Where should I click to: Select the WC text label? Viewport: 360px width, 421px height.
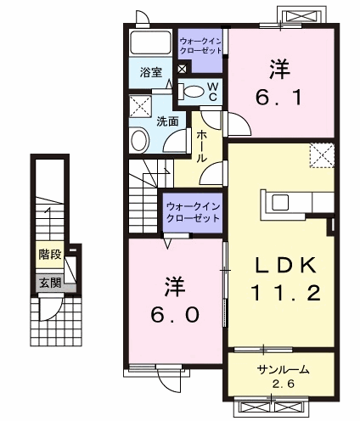coord(213,92)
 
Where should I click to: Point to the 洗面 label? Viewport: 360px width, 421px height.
coord(167,121)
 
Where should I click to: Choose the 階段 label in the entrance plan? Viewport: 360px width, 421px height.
coord(48,252)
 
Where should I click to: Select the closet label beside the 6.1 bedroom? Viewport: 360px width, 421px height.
coord(201,44)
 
